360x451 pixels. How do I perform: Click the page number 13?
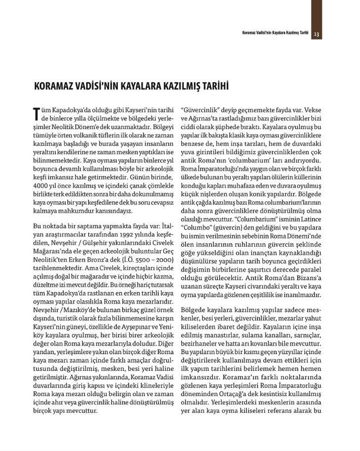(x=317, y=34)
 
